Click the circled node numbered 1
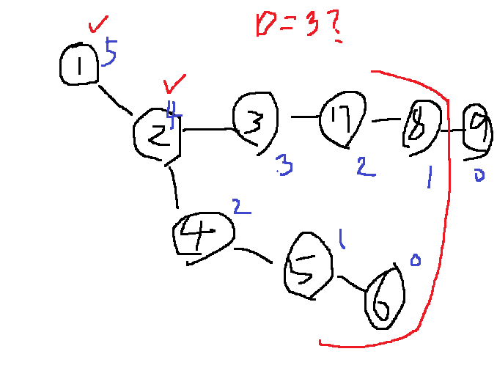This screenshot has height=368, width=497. tap(79, 65)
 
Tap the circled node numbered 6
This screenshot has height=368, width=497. tap(383, 297)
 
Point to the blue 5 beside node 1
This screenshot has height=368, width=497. tap(110, 53)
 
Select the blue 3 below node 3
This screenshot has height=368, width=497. tap(284, 166)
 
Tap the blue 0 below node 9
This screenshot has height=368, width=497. tap(479, 174)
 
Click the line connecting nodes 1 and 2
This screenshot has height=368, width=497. tap(114, 100)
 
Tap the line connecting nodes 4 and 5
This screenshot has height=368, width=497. tap(255, 255)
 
